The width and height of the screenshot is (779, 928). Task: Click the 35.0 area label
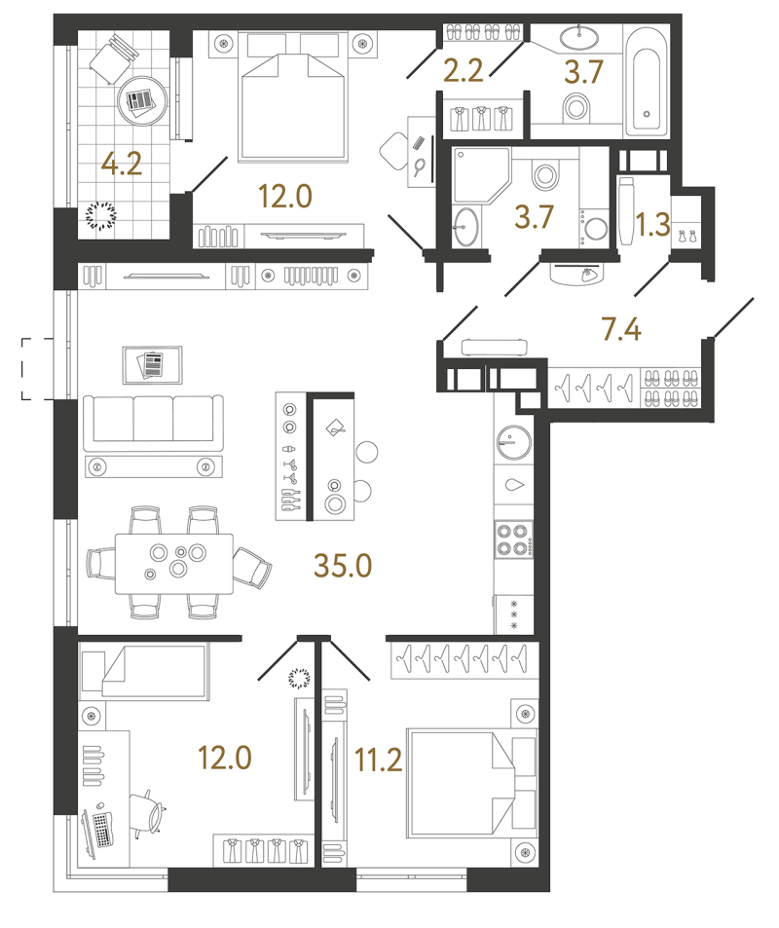[343, 565]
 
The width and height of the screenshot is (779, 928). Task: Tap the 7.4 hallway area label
[621, 329]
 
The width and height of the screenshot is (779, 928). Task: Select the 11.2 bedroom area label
[378, 760]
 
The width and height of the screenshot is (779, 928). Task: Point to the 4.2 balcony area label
[122, 164]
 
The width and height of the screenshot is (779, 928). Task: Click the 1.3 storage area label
[652, 224]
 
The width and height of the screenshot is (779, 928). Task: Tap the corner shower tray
[480, 174]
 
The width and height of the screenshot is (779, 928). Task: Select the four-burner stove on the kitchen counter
[513, 539]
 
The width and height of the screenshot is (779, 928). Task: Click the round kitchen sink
[514, 442]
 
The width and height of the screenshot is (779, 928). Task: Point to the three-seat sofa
[153, 424]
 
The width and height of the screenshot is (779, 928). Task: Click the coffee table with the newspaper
[153, 365]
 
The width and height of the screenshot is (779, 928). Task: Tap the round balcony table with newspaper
[142, 100]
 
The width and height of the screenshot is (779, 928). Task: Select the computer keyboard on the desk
[103, 829]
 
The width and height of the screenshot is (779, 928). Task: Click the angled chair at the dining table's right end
[252, 567]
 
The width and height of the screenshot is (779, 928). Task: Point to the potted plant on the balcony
[101, 215]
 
